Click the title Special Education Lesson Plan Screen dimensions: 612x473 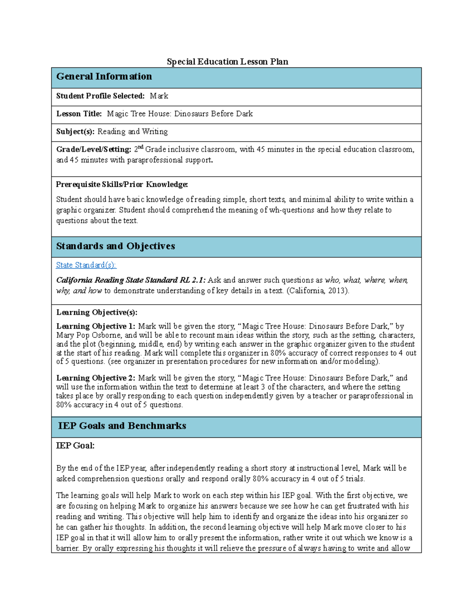click(x=227, y=62)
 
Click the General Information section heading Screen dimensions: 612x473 click(x=104, y=76)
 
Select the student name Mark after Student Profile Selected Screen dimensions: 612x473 click(x=159, y=96)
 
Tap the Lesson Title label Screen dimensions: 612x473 click(x=79, y=114)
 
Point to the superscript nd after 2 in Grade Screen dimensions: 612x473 click(x=141, y=147)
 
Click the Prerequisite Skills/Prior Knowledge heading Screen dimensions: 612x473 click(x=122, y=184)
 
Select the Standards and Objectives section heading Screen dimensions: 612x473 click(x=115, y=246)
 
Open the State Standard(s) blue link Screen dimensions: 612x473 click(x=86, y=265)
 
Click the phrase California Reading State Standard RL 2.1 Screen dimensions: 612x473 click(x=130, y=280)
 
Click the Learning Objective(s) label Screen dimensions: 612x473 click(x=97, y=313)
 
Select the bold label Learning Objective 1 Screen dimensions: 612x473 click(x=95, y=326)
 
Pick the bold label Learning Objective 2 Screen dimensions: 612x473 click(x=95, y=378)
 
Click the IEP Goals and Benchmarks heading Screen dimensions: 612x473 click(x=122, y=426)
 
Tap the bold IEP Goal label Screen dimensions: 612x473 click(x=75, y=446)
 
